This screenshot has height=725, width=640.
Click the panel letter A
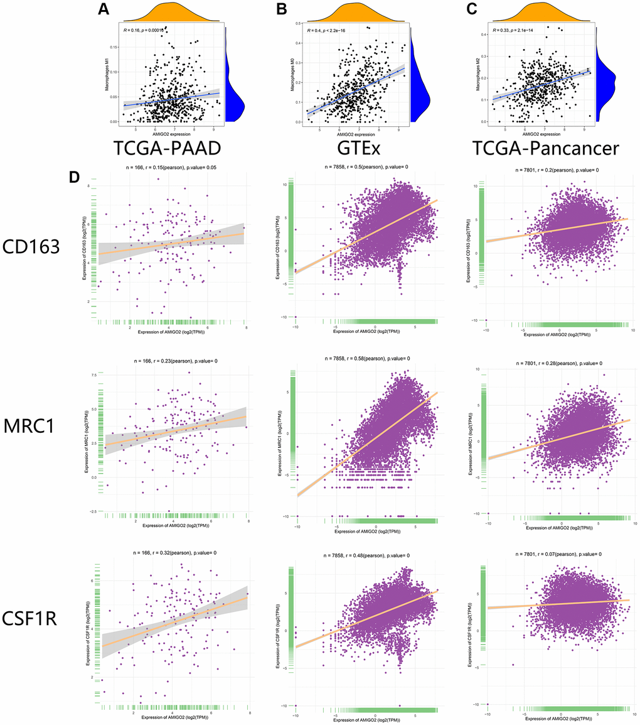pyautogui.click(x=104, y=9)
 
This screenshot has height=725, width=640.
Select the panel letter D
pyautogui.click(x=75, y=177)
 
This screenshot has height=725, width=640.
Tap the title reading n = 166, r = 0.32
pyautogui.click(x=171, y=552)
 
